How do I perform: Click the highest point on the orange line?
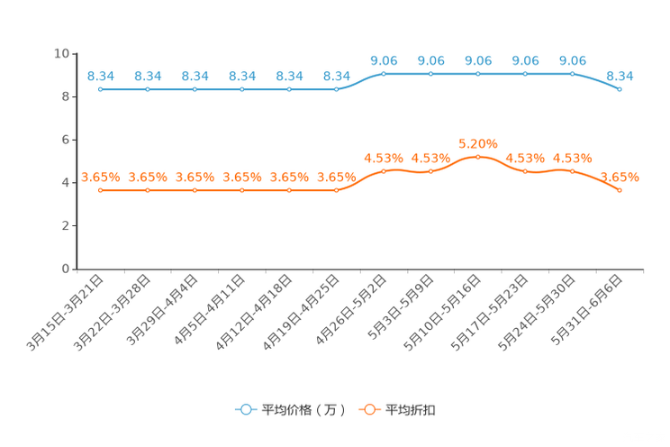point(477,156)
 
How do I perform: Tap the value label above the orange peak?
point(477,142)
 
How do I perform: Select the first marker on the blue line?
point(101,89)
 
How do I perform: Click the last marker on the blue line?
point(620,89)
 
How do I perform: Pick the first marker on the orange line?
point(101,190)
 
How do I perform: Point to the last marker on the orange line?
point(620,190)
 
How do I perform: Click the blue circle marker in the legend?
point(245,409)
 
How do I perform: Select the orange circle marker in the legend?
point(369,409)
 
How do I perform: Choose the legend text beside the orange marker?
point(412,410)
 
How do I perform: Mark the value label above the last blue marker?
point(620,76)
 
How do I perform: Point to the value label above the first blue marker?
point(101,76)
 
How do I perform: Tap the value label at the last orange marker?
point(620,177)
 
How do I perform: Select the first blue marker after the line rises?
point(384,73)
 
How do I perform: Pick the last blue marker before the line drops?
point(572,73)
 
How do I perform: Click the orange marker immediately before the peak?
point(430,171)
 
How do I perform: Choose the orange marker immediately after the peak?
point(525,171)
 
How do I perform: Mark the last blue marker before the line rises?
point(336,89)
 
